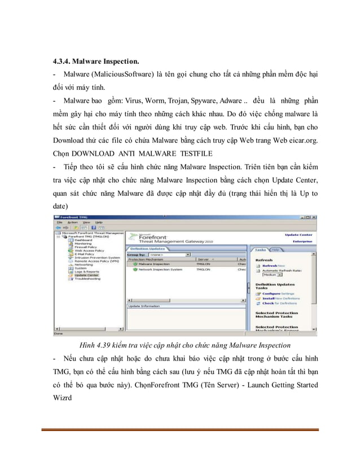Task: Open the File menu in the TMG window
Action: (x=58, y=222)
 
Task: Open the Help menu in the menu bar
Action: (x=99, y=222)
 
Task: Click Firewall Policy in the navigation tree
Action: (x=86, y=247)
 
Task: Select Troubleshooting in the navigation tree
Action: (x=87, y=279)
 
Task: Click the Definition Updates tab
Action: (x=147, y=248)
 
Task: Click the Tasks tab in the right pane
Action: (x=260, y=249)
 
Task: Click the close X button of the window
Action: (x=314, y=217)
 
